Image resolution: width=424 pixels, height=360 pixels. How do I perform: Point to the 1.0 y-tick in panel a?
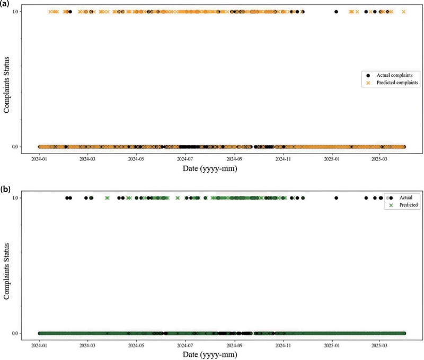(x=16, y=12)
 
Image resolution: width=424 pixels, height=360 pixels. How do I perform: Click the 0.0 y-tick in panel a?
(x=16, y=147)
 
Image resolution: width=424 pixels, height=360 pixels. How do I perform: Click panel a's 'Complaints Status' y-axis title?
(x=6, y=79)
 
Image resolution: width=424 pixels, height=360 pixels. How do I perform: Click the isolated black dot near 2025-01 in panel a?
(x=336, y=12)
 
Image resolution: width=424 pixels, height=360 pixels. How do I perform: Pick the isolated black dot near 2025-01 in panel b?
(x=336, y=198)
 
